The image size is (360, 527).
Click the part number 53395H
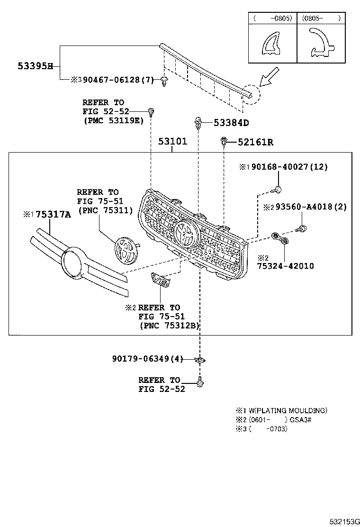click(x=35, y=66)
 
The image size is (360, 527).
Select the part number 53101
click(x=172, y=142)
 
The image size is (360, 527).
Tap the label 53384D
click(x=231, y=123)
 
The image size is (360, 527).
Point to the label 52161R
click(x=255, y=142)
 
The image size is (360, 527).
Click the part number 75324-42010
click(x=285, y=266)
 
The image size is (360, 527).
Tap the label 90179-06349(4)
click(x=147, y=359)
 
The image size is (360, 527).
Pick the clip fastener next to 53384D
click(x=198, y=124)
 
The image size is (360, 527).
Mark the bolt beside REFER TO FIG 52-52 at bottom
click(x=200, y=382)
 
